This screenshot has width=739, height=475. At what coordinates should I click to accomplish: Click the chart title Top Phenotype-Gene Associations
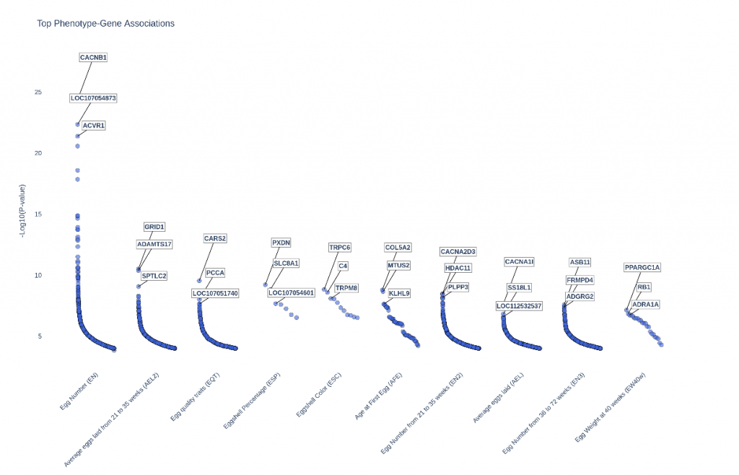coord(105,24)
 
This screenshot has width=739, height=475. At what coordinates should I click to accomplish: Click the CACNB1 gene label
coord(93,57)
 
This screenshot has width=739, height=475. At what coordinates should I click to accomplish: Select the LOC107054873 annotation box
coord(93,97)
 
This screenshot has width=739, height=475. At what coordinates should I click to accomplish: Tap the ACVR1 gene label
coord(94,126)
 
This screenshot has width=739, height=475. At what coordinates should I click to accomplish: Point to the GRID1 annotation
coord(154,227)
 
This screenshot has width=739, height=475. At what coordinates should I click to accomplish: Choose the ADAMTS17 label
coord(154,244)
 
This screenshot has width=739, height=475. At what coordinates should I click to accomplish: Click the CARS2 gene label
coord(215,238)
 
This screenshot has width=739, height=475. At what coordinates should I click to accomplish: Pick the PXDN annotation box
coord(281,243)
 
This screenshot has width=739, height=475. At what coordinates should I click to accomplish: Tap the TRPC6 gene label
coord(340,248)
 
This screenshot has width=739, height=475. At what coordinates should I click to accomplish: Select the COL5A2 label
coord(398,248)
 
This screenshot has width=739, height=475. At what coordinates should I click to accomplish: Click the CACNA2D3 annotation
coord(458,252)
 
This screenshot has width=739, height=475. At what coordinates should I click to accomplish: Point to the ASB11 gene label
coord(580,262)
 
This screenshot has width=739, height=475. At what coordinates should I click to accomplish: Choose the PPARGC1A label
coord(642,268)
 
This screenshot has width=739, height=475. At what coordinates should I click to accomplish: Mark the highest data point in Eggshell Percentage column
coord(266,285)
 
